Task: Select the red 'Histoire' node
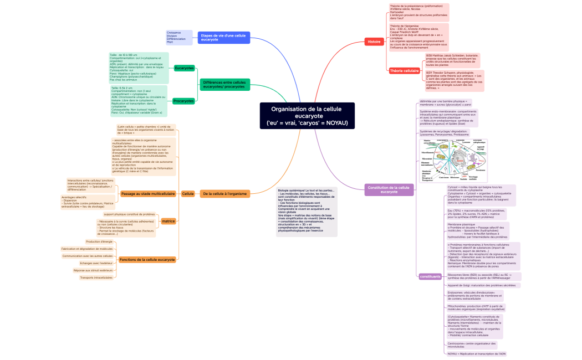pyautogui.click(x=374, y=42)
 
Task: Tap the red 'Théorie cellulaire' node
pyautogui.click(x=404, y=71)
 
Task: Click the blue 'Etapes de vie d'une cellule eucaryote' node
pyautogui.click(x=223, y=38)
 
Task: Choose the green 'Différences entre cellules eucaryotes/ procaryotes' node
pyautogui.click(x=223, y=85)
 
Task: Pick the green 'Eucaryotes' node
pyautogui.click(x=184, y=68)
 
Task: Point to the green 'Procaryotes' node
pyautogui.click(x=183, y=101)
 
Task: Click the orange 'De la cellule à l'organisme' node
pyautogui.click(x=224, y=194)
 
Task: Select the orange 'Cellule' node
pyautogui.click(x=188, y=194)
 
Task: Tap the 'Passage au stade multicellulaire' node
pyautogui.click(x=147, y=194)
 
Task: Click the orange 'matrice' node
pyautogui.click(x=168, y=221)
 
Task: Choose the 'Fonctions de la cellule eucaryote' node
pyautogui.click(x=147, y=259)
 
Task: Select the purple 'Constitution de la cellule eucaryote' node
pyautogui.click(x=389, y=189)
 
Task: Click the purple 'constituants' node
pyautogui.click(x=430, y=276)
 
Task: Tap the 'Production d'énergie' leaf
pyautogui.click(x=99, y=241)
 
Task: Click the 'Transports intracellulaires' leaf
pyautogui.click(x=96, y=277)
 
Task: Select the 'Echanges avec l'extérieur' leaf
pyautogui.click(x=96, y=263)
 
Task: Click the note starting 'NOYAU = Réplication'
pyautogui.click(x=476, y=353)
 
